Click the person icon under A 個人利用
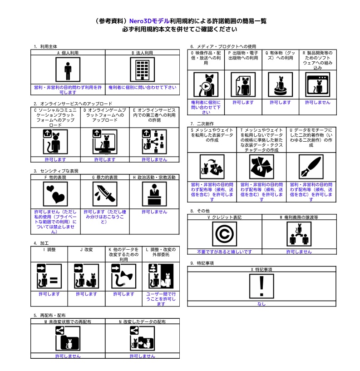68,70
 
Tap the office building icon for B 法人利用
143,70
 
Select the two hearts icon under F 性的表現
55,194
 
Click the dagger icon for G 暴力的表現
105,194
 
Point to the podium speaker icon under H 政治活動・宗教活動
154,194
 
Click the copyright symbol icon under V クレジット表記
224,234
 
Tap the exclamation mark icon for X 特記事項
261,286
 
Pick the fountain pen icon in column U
311,167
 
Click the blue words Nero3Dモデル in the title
149,21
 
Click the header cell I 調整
49,250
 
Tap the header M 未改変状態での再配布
68,322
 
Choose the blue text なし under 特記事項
261,304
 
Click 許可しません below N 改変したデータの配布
143,356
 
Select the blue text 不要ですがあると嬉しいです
224,252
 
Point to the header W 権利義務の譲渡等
299,217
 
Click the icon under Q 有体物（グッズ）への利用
280,84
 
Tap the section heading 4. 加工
41,243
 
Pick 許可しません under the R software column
318,103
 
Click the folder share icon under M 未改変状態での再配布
68,338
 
